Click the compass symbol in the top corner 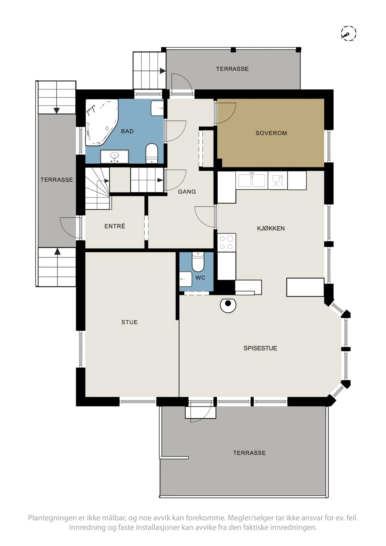[348, 33]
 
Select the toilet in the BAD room [152, 153]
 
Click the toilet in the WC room [198, 262]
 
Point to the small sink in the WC [185, 279]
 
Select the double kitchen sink [252, 180]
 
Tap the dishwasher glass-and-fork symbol [277, 180]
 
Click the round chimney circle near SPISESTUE [228, 305]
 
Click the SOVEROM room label [271, 133]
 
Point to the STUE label [129, 322]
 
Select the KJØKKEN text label [271, 228]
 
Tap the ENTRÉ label [115, 226]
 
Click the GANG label [187, 191]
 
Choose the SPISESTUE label [260, 348]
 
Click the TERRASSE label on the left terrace [57, 180]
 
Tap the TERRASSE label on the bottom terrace [249, 453]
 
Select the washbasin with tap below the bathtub [114, 157]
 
